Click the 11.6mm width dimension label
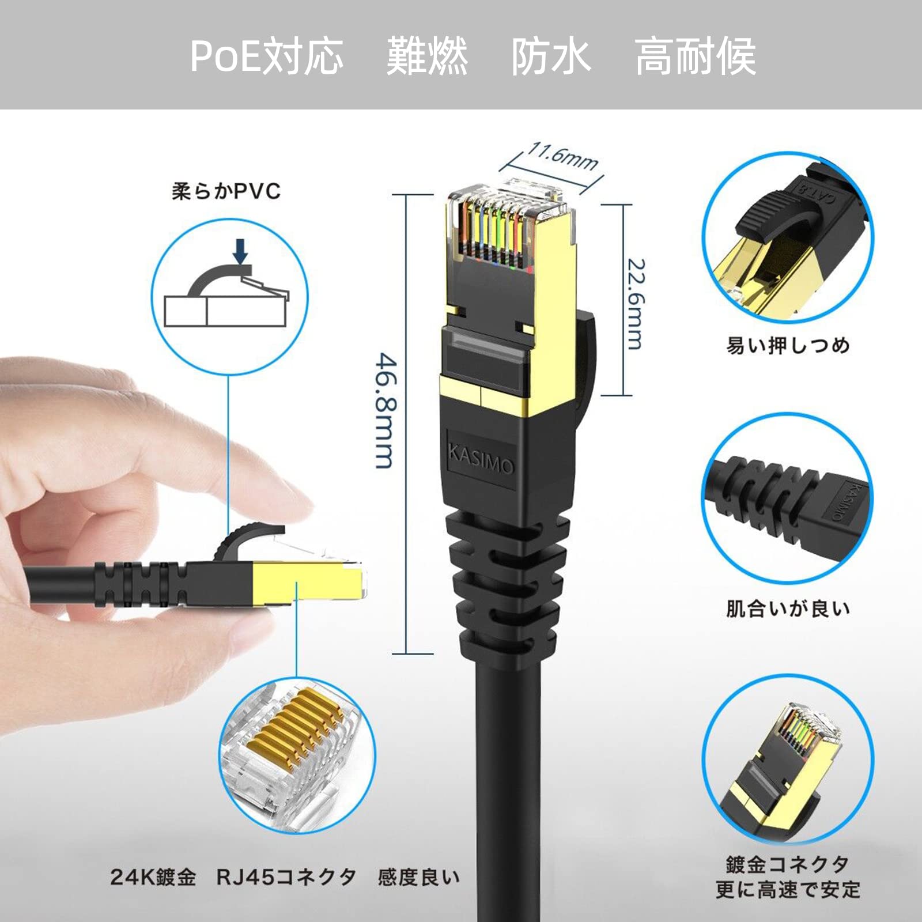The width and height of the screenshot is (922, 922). tap(562, 156)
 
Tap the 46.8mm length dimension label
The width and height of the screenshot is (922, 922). tap(385, 411)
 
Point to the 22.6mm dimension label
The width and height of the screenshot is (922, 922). tap(635, 304)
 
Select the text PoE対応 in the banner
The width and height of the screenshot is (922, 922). tap(266, 56)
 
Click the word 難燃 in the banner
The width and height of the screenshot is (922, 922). tap(427, 56)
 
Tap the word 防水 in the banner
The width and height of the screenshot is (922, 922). tap(551, 56)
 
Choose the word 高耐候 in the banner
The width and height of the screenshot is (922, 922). tap(696, 56)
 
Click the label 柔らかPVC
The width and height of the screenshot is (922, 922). tap(226, 191)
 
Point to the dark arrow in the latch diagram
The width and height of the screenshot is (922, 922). tap(241, 252)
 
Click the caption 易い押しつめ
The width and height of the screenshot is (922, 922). tap(788, 345)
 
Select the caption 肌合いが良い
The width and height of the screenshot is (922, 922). tap(788, 609)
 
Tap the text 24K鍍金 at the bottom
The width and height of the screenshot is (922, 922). tap(153, 878)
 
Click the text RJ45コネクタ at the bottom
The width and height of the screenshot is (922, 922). tap(286, 878)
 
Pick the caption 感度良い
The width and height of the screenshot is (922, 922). tap(419, 878)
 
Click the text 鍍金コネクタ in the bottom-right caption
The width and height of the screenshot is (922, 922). tap(788, 864)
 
